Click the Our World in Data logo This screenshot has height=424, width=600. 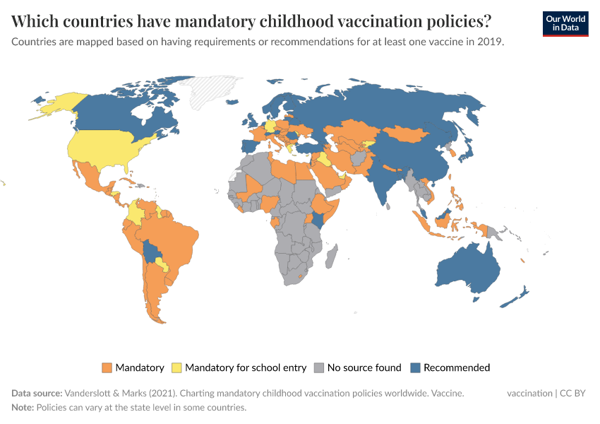(565, 23)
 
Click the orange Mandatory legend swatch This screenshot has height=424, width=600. (107, 367)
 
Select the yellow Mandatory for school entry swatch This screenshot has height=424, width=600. (177, 367)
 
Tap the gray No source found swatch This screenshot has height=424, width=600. (320, 367)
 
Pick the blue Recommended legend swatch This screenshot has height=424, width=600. (416, 367)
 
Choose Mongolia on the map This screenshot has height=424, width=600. (409, 134)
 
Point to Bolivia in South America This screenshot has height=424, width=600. (152, 251)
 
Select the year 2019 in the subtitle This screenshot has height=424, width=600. (491, 42)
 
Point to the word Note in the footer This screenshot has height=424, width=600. (23, 408)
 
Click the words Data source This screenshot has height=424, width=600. (37, 394)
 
